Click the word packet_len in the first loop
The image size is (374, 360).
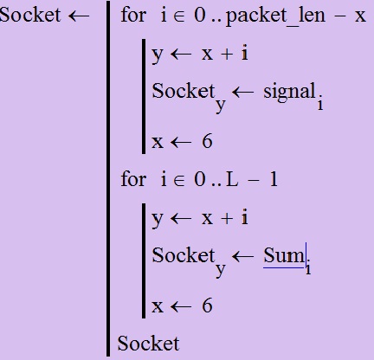(275, 16)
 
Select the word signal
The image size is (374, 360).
(289, 92)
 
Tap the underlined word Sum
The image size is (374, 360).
(284, 255)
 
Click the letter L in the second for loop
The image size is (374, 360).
(232, 179)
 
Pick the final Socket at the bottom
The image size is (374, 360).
(148, 344)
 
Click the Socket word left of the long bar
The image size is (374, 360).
(30, 15)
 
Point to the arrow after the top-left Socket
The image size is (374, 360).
(79, 16)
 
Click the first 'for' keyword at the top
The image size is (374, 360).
(133, 15)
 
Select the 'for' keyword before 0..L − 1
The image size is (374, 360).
(133, 179)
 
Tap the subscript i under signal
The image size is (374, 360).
(320, 104)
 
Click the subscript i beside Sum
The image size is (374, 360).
(308, 268)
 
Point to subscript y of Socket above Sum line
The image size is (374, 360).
(221, 270)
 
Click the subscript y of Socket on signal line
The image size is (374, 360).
(221, 106)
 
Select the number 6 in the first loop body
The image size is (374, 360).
(207, 141)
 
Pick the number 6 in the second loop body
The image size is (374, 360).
(207, 305)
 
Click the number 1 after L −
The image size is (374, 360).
(274, 179)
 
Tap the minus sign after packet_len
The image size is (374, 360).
(340, 16)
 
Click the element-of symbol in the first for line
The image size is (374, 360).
(178, 16)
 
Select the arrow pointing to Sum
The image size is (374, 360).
(242, 256)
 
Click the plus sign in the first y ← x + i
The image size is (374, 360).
(227, 55)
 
